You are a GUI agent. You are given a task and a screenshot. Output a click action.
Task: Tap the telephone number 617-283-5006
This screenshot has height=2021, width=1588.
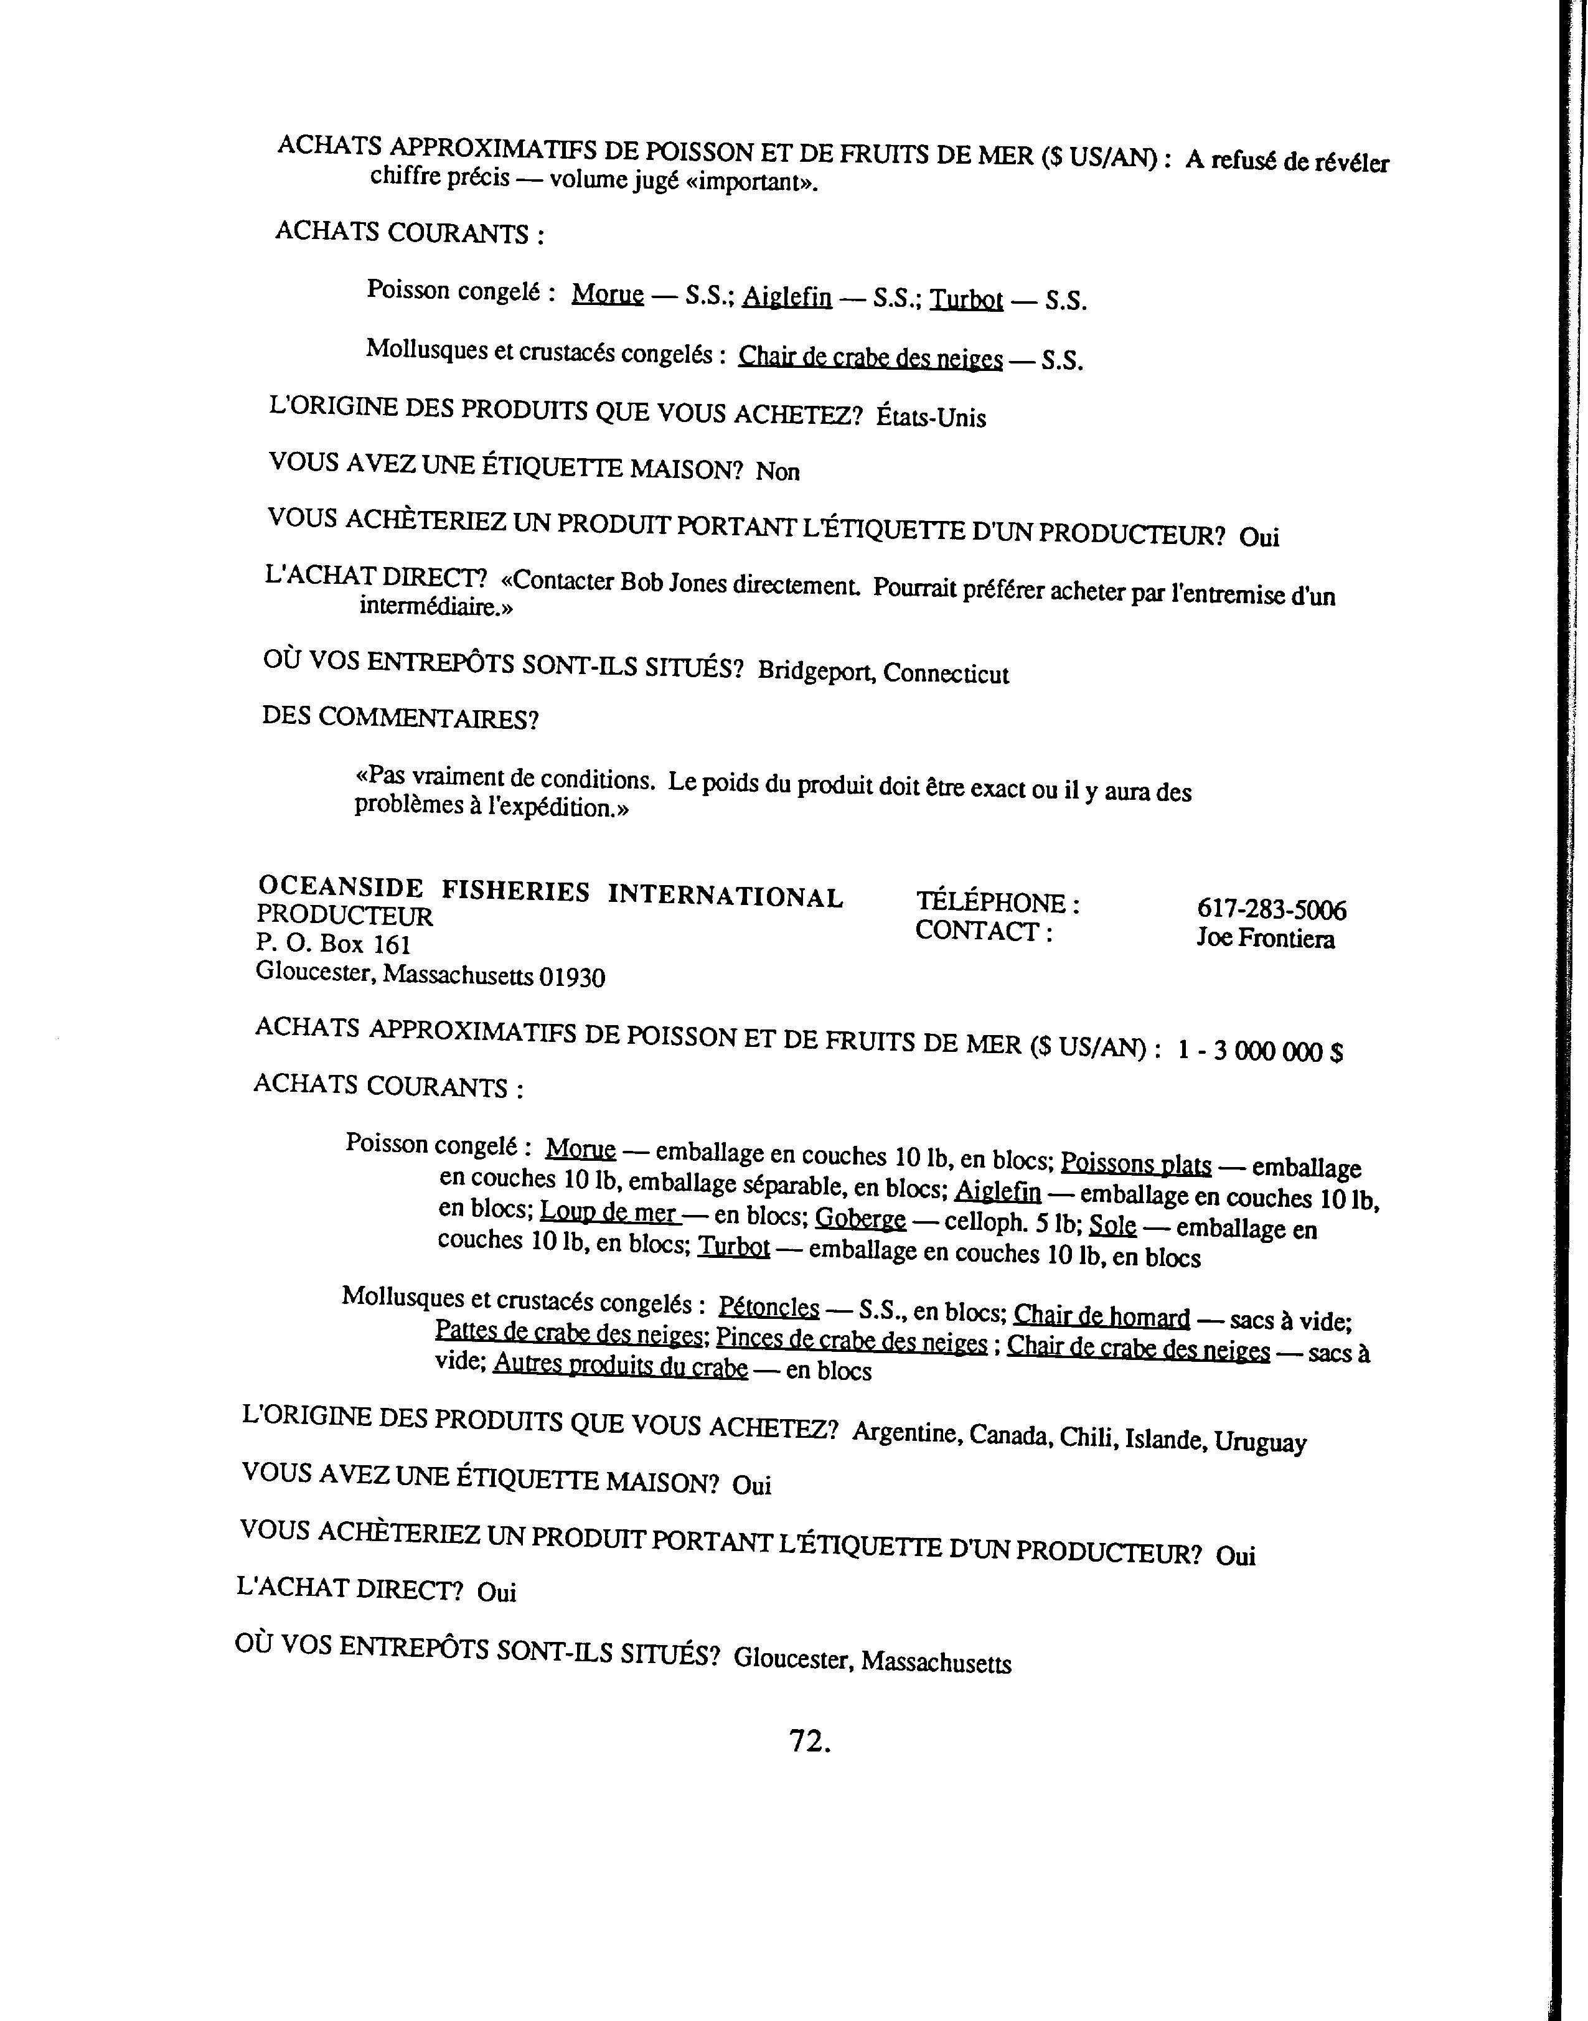1271,909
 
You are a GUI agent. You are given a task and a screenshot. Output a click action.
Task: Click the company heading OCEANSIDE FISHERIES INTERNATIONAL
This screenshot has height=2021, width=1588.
550,891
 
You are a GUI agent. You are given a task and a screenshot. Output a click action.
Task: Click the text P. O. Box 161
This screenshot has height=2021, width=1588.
333,944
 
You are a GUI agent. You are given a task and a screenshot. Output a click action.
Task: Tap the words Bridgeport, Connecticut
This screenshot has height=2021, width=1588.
882,672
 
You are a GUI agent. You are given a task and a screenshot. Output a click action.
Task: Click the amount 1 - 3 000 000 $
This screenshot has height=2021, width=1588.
1260,1051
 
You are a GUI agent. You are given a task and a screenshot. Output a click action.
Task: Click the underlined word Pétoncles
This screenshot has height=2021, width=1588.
769,1308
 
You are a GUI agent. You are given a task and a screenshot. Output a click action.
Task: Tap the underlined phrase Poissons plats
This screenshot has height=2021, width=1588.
1135,1164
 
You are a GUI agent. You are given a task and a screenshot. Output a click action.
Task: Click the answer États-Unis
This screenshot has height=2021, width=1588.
931,418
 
